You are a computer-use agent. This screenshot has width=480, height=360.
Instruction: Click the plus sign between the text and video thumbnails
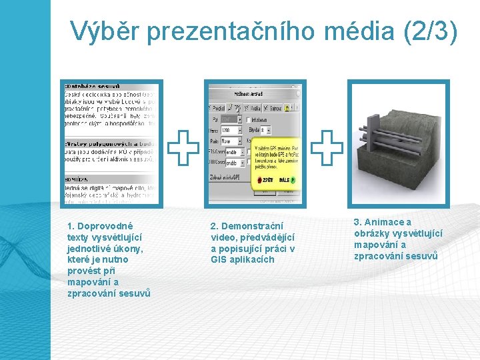(x=183, y=149)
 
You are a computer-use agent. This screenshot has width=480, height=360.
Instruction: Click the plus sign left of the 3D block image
(x=327, y=148)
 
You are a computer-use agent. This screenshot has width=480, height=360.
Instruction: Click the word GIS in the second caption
(x=219, y=259)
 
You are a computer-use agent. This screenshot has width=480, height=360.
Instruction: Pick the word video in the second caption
(x=223, y=237)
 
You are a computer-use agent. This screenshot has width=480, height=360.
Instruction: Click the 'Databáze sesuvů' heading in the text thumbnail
(x=93, y=87)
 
